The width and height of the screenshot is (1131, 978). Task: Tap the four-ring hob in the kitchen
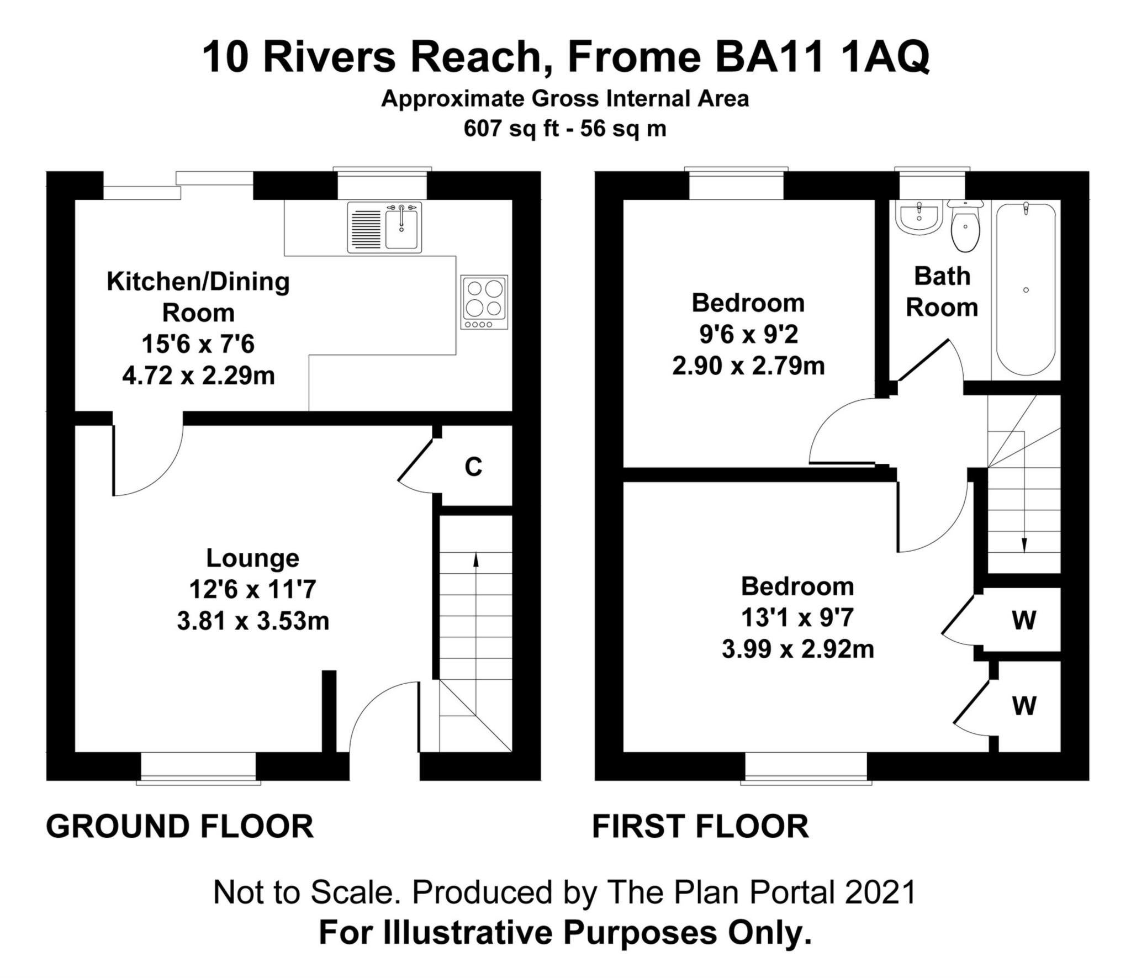pyautogui.click(x=484, y=302)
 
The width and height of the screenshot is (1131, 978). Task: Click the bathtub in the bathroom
pyautogui.click(x=1026, y=290)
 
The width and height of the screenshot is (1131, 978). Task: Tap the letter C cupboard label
pyautogui.click(x=473, y=467)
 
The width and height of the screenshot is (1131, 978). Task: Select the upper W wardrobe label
pyautogui.click(x=1024, y=620)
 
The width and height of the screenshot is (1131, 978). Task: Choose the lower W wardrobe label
pyautogui.click(x=1024, y=705)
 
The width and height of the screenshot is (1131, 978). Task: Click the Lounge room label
pyautogui.click(x=252, y=558)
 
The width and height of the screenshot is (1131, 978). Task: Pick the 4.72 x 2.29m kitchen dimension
pyautogui.click(x=198, y=376)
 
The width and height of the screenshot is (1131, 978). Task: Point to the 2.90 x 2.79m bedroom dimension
pyautogui.click(x=748, y=366)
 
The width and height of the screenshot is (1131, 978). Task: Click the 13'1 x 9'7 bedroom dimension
pyautogui.click(x=797, y=617)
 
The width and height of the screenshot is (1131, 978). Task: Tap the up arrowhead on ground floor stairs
pyautogui.click(x=475, y=560)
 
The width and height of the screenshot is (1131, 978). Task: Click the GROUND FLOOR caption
pyautogui.click(x=179, y=827)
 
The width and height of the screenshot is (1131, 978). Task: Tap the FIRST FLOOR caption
pyautogui.click(x=700, y=827)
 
